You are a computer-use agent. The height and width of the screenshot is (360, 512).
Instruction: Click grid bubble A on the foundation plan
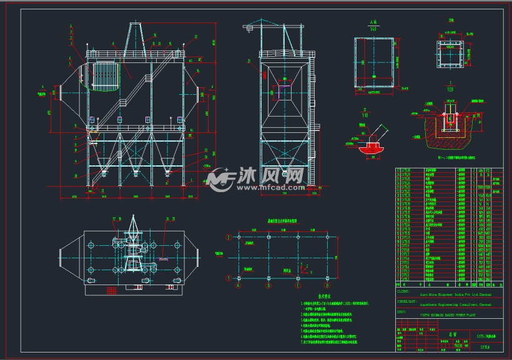(239, 286)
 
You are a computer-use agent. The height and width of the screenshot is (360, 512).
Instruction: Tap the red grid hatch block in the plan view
(111, 291)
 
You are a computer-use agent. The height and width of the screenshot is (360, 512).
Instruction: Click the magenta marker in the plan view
(179, 259)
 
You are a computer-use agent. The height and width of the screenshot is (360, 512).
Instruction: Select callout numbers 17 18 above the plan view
(117, 218)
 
